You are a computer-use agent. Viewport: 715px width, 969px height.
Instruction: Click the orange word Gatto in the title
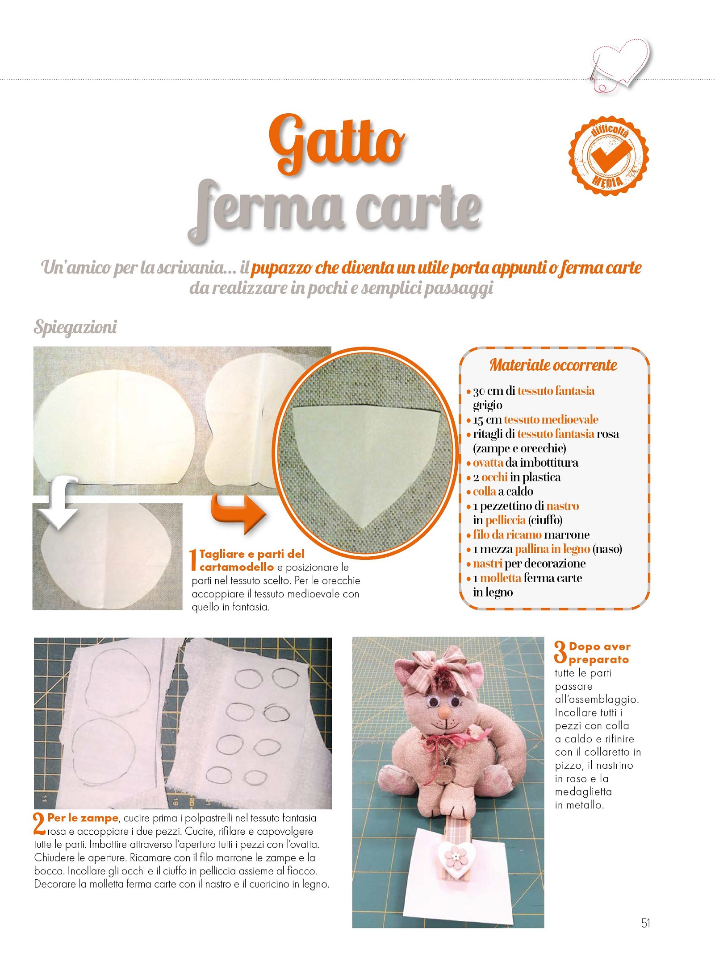[337, 144]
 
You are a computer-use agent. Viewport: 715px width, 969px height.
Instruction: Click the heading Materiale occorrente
[553, 365]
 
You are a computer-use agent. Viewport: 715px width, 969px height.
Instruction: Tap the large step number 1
[193, 559]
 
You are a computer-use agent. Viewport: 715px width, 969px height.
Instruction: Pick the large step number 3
[560, 653]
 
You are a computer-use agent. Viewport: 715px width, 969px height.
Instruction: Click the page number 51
[645, 923]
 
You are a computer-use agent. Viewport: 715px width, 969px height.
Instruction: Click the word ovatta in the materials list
[488, 463]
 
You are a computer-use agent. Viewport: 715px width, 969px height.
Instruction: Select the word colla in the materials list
[484, 492]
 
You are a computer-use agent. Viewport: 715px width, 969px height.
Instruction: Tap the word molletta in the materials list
[500, 578]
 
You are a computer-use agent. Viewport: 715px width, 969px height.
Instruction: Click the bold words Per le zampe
[83, 818]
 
